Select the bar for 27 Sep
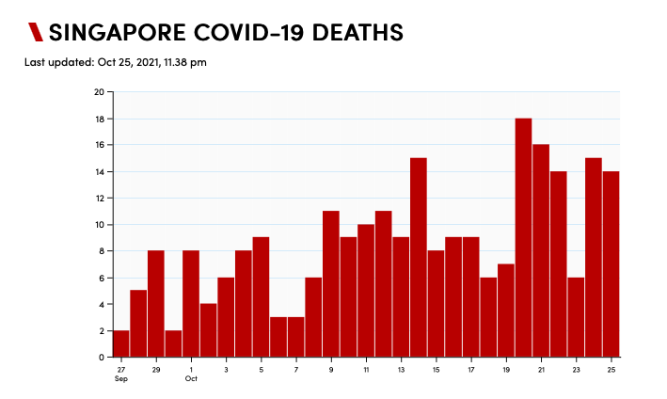pos(121,343)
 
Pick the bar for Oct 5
pos(261,297)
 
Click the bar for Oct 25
pos(611,264)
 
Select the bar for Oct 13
pos(401,297)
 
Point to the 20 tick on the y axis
pos(99,92)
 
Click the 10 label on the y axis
pos(99,225)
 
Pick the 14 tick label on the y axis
pos(99,172)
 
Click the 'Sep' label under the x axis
pos(121,378)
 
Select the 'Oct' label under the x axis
pos(191,378)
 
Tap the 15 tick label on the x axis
pos(437,369)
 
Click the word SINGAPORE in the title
pos(115,33)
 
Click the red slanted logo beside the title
pos(36,33)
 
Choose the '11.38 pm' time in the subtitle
pos(184,63)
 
